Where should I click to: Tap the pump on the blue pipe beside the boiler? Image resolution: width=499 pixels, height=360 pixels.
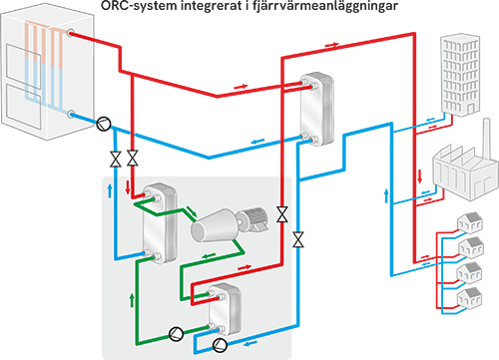tap(104, 124)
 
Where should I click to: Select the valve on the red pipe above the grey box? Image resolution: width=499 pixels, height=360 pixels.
tap(133, 158)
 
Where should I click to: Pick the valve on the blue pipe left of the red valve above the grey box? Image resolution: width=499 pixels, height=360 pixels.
tap(116, 159)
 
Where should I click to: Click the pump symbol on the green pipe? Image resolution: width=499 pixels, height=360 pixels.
tap(176, 333)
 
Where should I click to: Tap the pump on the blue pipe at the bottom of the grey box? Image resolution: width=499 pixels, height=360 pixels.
tap(220, 345)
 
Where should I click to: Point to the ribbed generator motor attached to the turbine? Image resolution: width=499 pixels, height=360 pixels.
tap(252, 218)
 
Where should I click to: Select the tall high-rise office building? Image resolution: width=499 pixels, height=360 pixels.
tap(460, 75)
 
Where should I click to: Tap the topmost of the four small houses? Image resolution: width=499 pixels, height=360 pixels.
tap(470, 221)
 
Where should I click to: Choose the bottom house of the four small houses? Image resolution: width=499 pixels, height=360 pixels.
tap(470, 298)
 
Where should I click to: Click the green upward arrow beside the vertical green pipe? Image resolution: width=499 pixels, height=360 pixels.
tap(132, 300)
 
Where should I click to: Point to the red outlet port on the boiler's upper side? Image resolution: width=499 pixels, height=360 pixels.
tap(71, 33)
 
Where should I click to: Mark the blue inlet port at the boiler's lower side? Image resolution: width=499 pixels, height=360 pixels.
tap(71, 115)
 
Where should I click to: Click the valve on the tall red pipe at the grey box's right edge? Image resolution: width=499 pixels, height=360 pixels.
tap(282, 214)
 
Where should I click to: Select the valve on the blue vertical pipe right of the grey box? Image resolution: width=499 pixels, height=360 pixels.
tap(298, 239)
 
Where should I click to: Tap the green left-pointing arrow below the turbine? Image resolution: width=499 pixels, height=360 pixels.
tap(210, 255)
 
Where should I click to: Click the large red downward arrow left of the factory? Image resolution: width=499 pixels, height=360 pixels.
tap(420, 177)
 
